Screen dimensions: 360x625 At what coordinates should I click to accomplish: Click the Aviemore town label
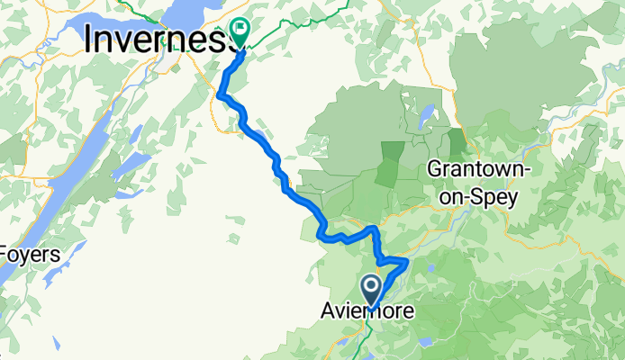368,312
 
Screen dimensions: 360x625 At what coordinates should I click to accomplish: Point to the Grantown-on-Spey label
472,183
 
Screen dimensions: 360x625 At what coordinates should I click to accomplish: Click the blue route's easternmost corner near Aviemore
407,260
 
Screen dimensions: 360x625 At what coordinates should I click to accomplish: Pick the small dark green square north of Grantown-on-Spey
457,140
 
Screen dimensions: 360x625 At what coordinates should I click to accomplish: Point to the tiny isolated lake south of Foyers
57,343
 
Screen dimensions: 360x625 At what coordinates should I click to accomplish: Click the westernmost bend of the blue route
220,91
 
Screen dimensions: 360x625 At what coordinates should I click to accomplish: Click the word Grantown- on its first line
472,169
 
